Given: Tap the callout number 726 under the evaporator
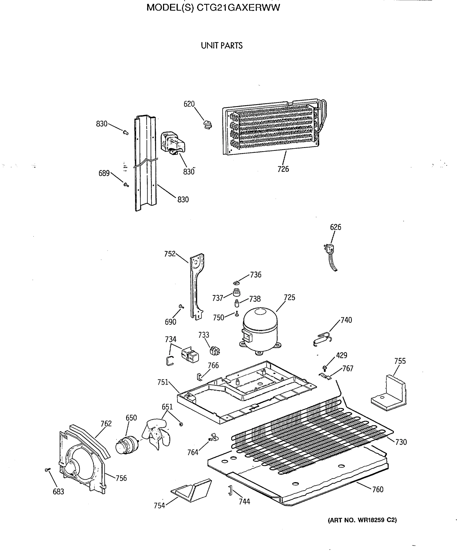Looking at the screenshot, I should (x=283, y=169).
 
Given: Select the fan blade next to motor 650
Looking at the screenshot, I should (x=156, y=434).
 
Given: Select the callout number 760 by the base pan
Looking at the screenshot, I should (x=378, y=489).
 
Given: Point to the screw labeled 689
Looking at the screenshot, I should (x=126, y=184).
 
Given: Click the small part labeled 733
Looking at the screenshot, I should (x=214, y=351).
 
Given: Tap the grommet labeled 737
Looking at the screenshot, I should (x=237, y=293).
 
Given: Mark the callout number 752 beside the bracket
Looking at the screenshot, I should (x=170, y=254).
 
